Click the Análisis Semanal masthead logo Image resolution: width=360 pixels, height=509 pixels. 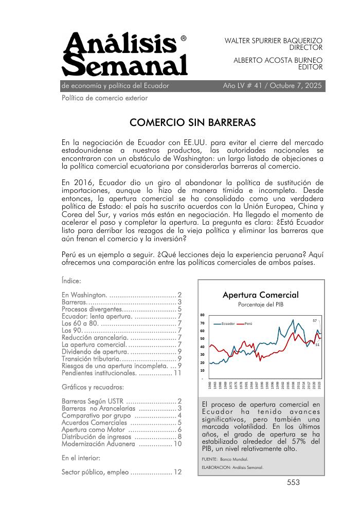pyautogui.click(x=124, y=54)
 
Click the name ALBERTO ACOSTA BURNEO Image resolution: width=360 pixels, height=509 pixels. pyautogui.click(x=278, y=60)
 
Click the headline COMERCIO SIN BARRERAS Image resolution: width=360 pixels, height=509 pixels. pyautogui.click(x=192, y=123)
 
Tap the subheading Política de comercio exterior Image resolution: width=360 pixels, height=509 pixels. pyautogui.click(x=104, y=98)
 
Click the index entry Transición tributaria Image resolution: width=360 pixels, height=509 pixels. pyautogui.click(x=90, y=358)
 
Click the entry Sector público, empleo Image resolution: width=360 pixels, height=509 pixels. pyautogui.click(x=95, y=472)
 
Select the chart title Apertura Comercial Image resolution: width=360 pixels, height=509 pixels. pyautogui.click(x=260, y=295)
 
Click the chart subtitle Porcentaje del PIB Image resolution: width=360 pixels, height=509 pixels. pyautogui.click(x=260, y=305)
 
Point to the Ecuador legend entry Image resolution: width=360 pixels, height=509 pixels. pyautogui.click(x=228, y=323)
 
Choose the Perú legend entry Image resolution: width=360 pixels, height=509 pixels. pyautogui.click(x=247, y=323)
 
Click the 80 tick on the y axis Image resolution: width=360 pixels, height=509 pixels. pyautogui.click(x=202, y=315)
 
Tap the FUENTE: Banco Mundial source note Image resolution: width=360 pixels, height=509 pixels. pyautogui.click(x=225, y=459)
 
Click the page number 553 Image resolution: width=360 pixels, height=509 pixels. pyautogui.click(x=294, y=482)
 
